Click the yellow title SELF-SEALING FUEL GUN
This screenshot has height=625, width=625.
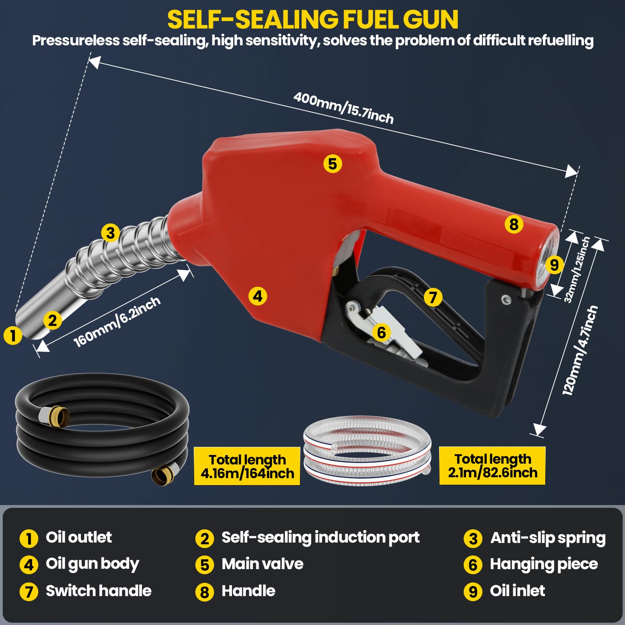[x=312, y=20]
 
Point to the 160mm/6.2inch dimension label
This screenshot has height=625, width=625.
[x=117, y=321]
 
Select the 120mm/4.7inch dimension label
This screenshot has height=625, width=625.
[x=580, y=350]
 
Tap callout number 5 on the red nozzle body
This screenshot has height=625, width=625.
[x=332, y=164]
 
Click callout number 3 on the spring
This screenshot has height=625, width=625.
[x=111, y=233]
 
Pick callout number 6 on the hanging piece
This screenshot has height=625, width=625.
[x=381, y=333]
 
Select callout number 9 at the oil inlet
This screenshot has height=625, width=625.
[x=554, y=265]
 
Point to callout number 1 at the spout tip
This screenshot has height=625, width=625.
[x=13, y=335]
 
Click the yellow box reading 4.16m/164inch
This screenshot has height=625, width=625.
[x=247, y=466]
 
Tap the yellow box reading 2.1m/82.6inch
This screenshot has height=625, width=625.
[x=492, y=466]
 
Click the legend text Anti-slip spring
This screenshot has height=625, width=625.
[x=548, y=538]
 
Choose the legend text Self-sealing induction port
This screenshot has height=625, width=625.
[x=320, y=537]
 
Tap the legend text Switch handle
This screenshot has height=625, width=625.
[x=98, y=591]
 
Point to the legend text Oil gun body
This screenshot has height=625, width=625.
[x=93, y=564]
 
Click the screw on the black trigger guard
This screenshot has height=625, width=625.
[x=506, y=300]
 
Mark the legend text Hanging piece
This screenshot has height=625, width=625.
[x=544, y=564]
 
